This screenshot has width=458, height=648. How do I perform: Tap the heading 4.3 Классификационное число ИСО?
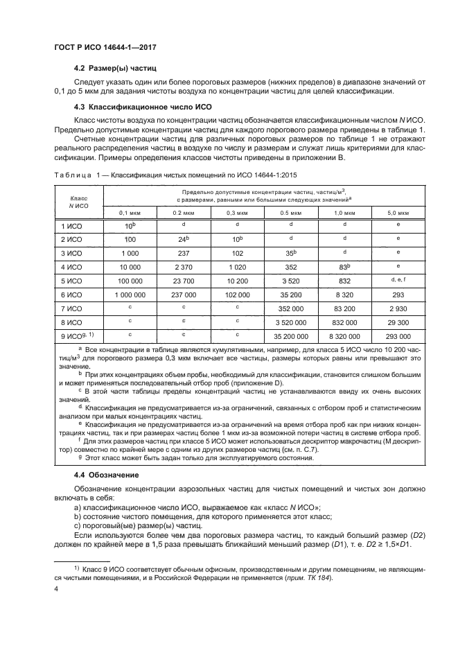pyautogui.click(x=138, y=107)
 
